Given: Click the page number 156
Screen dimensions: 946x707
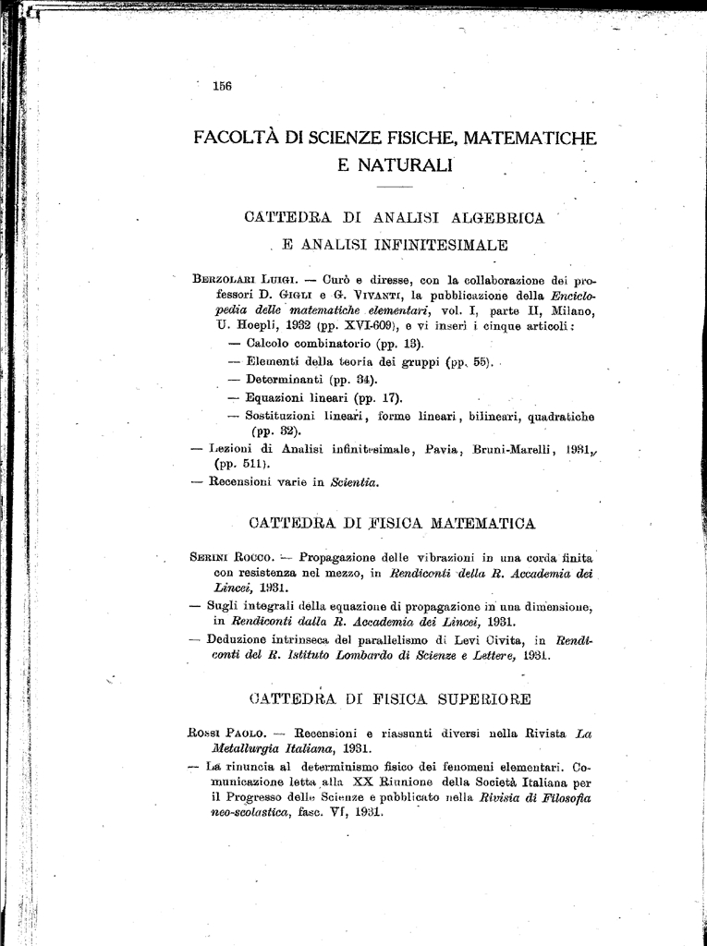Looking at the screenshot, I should pos(221,86).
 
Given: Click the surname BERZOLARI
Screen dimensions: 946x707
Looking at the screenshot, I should pos(225,279).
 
